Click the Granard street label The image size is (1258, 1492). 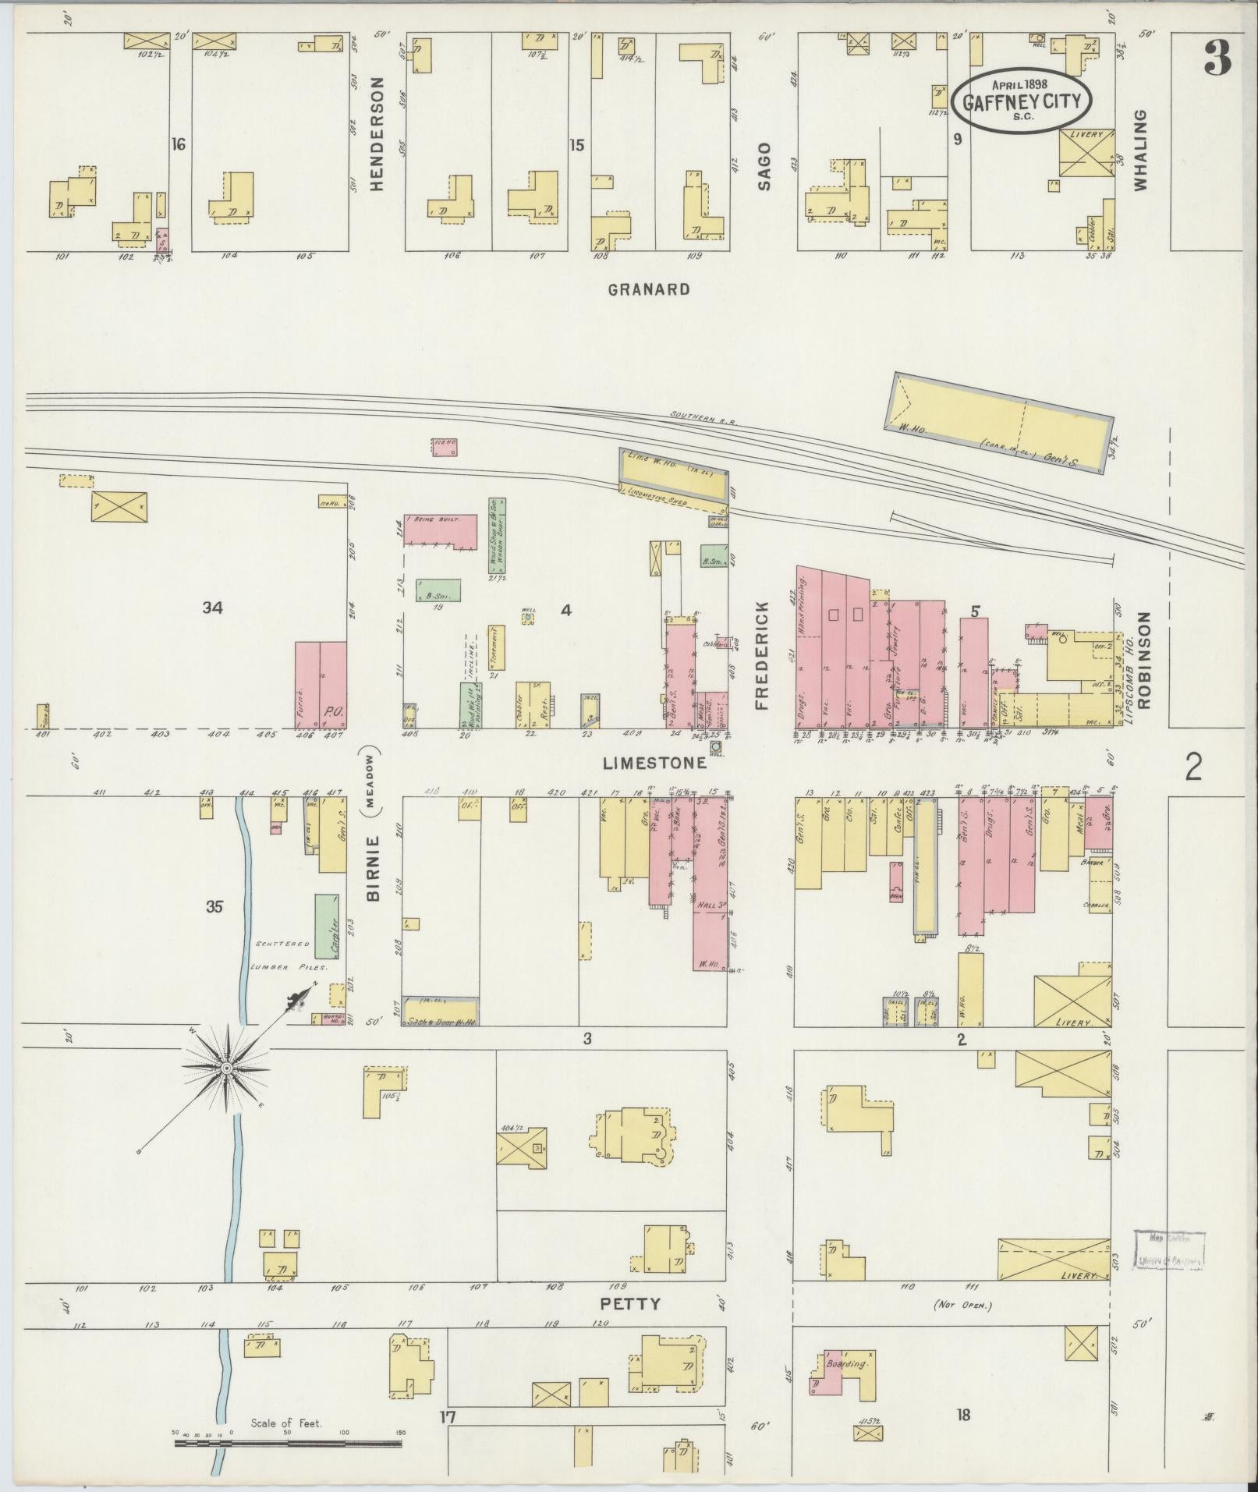coord(649,289)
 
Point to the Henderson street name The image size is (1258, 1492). coord(378,134)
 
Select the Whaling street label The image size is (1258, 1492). coord(1141,150)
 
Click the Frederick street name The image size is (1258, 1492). coord(762,655)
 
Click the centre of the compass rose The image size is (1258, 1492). coord(226,1068)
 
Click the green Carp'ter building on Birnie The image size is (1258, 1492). coord(326,927)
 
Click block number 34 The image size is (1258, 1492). coord(212,608)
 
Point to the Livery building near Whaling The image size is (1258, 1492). coord(1086,154)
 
